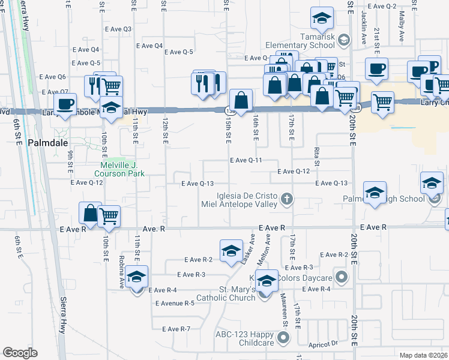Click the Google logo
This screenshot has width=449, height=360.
(x=20, y=353)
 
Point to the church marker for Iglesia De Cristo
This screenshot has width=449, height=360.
(x=287, y=199)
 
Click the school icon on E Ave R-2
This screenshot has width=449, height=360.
(x=231, y=252)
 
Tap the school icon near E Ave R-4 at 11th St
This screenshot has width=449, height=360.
(x=137, y=277)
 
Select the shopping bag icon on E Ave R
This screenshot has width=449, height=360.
(x=89, y=212)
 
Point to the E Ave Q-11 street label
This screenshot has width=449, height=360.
(x=246, y=161)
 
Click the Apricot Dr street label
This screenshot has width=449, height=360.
(x=325, y=344)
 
